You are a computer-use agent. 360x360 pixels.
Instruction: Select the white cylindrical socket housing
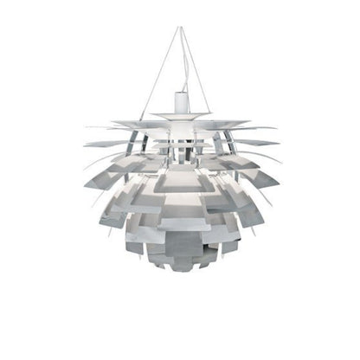(x=180, y=99)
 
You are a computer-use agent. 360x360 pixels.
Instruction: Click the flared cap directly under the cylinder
(x=180, y=113)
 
